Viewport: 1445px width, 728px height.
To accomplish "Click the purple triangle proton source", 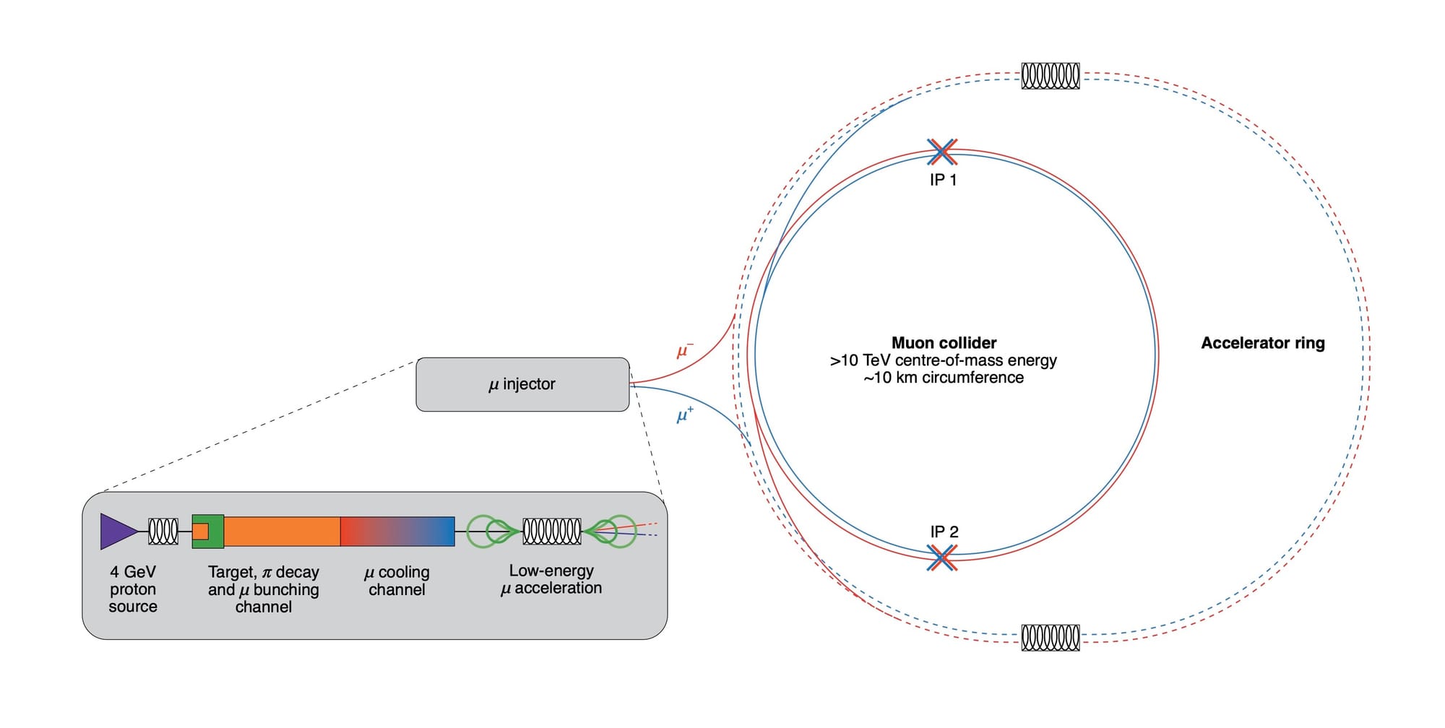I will pos(116,532).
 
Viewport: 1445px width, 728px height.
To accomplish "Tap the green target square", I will pos(208,532).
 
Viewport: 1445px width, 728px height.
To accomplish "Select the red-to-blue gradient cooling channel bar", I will pos(397,532).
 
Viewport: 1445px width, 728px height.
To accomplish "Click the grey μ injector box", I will pos(522,384).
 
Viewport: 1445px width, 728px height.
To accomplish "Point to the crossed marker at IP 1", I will pos(942,152).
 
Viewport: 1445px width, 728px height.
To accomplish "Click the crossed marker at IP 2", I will pos(942,558).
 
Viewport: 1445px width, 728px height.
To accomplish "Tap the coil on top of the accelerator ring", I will pos(1051,76).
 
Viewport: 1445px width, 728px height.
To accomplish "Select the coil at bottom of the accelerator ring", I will pos(1051,638).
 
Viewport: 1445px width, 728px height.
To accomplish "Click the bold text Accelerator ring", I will pos(1262,343).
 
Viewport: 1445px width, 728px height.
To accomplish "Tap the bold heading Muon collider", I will pos(944,343).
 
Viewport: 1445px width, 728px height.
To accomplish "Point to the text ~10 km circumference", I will pos(944,378).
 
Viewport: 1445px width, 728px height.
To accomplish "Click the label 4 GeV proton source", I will pos(133,589).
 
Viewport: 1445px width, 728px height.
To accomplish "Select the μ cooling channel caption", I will pos(397,581).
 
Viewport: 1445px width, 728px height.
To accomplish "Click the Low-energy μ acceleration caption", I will pos(551,580).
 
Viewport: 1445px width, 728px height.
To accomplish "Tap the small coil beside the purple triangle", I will pos(163,532).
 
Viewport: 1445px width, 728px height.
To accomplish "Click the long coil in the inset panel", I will pos(551,532).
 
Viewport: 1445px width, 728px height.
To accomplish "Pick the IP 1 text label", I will pos(943,181).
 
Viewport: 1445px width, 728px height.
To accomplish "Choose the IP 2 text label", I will pos(944,532).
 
